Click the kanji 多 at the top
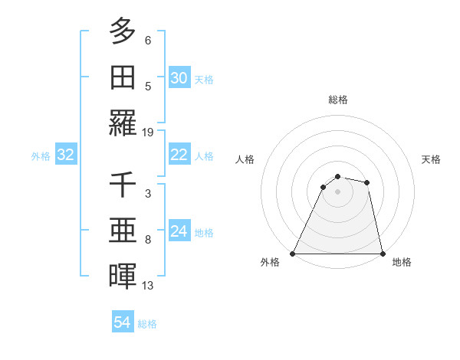123,32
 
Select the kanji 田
123,77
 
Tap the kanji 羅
123,123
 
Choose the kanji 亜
123,231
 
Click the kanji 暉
123,276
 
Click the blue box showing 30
179,78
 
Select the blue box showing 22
179,155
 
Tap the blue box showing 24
179,231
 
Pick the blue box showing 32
66,155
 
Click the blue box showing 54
123,322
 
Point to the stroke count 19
148,132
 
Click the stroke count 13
148,286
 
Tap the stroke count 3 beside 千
148,194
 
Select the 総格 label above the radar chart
337,100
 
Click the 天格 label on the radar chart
432,159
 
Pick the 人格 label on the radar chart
245,159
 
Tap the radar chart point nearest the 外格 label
293,254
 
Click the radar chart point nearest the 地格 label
382,254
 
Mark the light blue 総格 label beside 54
147,324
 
